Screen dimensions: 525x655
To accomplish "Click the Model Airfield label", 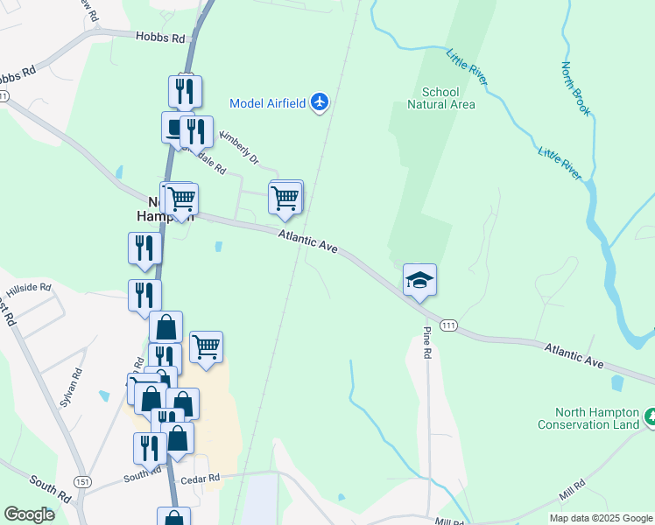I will (x=267, y=103).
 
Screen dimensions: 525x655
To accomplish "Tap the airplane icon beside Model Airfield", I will (x=320, y=103).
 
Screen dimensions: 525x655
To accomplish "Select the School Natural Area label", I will (x=440, y=98).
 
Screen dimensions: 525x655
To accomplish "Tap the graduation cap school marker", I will (x=419, y=280).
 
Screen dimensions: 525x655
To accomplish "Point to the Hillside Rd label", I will (x=29, y=287).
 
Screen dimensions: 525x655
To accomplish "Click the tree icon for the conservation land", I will (x=649, y=417).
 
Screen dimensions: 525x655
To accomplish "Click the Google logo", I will (x=28, y=514).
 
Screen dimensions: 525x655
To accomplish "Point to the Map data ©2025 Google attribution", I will (x=601, y=518).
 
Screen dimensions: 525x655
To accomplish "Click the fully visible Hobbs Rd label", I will (x=161, y=38).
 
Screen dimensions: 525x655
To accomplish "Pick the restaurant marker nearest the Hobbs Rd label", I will (x=185, y=91).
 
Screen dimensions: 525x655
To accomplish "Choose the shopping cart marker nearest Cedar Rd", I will (x=206, y=347).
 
